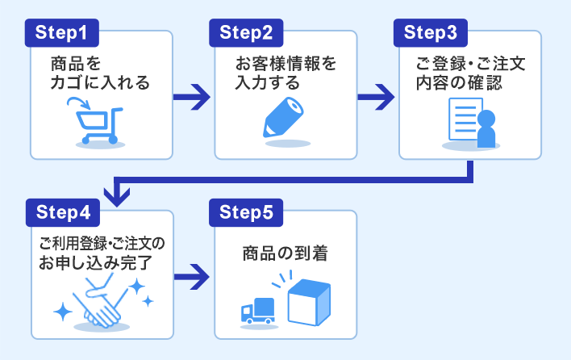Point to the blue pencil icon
pyautogui.click(x=285, y=119)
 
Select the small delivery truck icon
pyautogui.click(x=258, y=311)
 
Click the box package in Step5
pyautogui.click(x=311, y=301)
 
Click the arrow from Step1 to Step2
pyautogui.click(x=193, y=98)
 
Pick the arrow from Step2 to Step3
pyautogui.click(x=377, y=98)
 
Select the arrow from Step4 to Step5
pyautogui.click(x=193, y=276)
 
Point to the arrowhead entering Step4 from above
pyautogui.click(x=119, y=195)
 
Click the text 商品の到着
pyautogui.click(x=285, y=254)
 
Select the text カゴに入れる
pyautogui.click(x=100, y=82)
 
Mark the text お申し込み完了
pyautogui.click(x=99, y=262)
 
